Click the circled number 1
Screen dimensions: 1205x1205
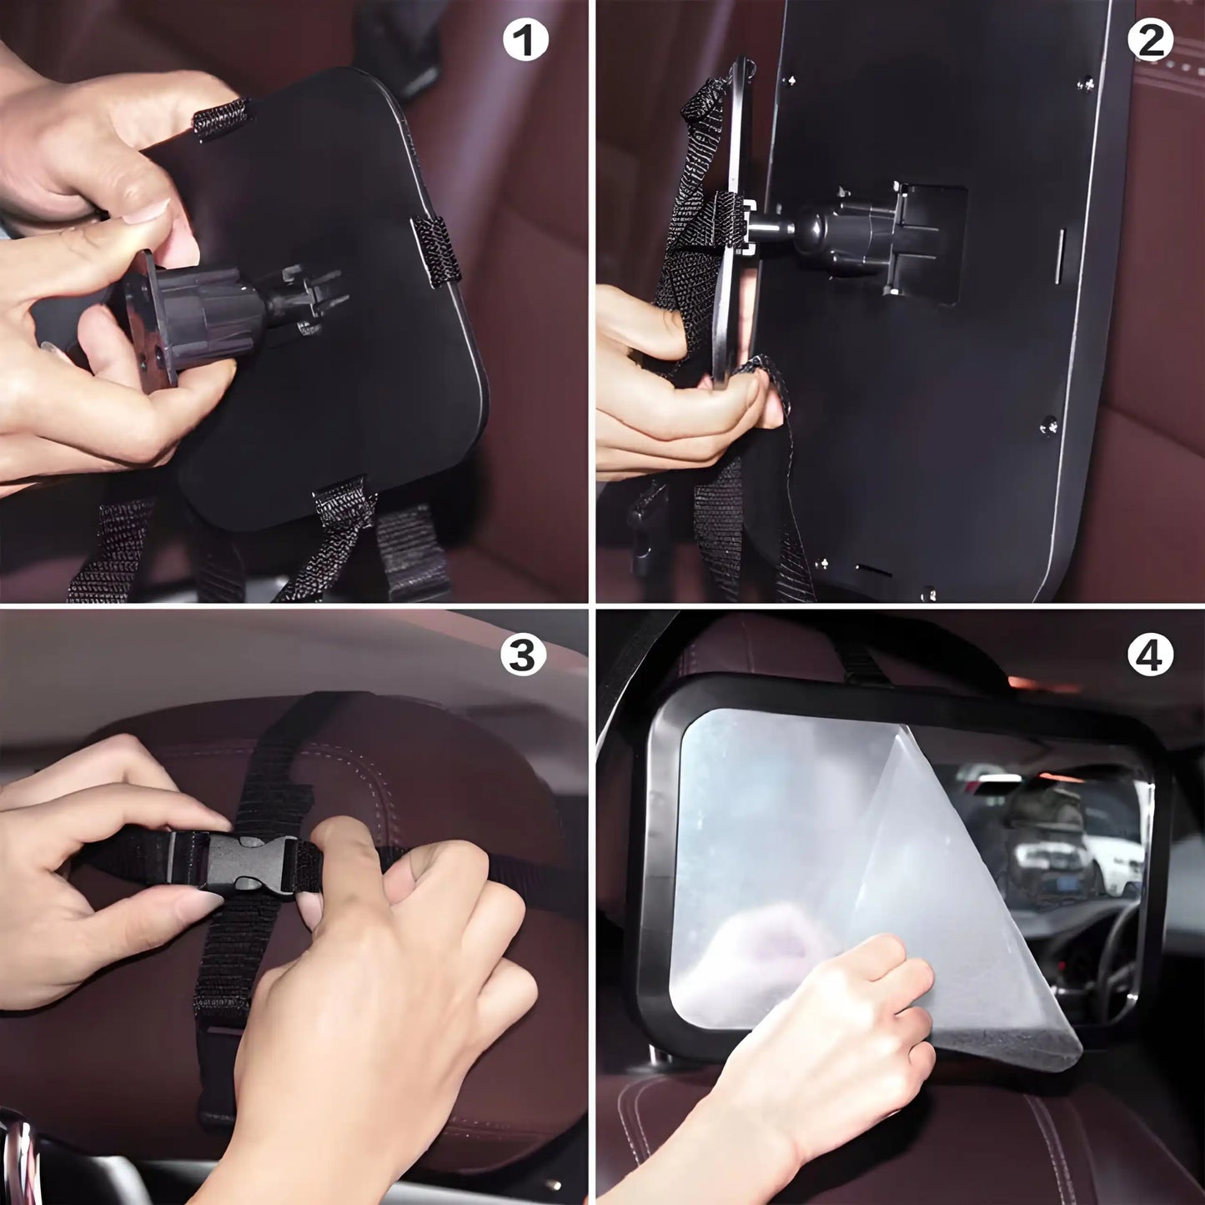[525, 40]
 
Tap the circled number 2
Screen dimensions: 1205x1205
[1150, 39]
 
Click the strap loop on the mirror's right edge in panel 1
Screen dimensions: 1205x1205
[436, 250]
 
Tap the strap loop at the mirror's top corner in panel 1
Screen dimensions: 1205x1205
[220, 118]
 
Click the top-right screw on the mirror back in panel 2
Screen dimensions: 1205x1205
[1087, 83]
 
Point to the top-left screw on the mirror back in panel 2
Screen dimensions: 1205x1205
[791, 81]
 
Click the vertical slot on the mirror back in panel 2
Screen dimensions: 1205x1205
[1060, 257]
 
